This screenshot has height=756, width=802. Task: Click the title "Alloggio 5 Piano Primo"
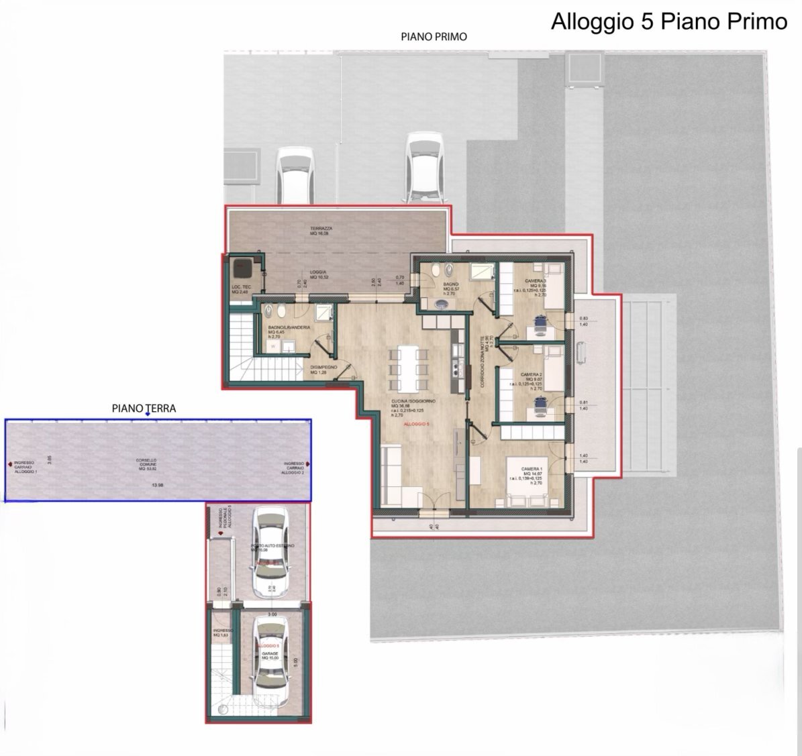pos(668,21)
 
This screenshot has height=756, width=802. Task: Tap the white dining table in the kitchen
pos(408,368)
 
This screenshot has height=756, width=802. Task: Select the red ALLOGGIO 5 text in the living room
pos(417,425)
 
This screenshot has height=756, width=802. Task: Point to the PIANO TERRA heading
pos(144,408)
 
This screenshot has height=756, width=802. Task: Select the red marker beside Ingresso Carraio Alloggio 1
pos(9,464)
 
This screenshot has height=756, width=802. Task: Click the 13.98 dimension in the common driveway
pos(157,485)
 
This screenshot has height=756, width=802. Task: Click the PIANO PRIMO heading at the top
pos(434,37)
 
